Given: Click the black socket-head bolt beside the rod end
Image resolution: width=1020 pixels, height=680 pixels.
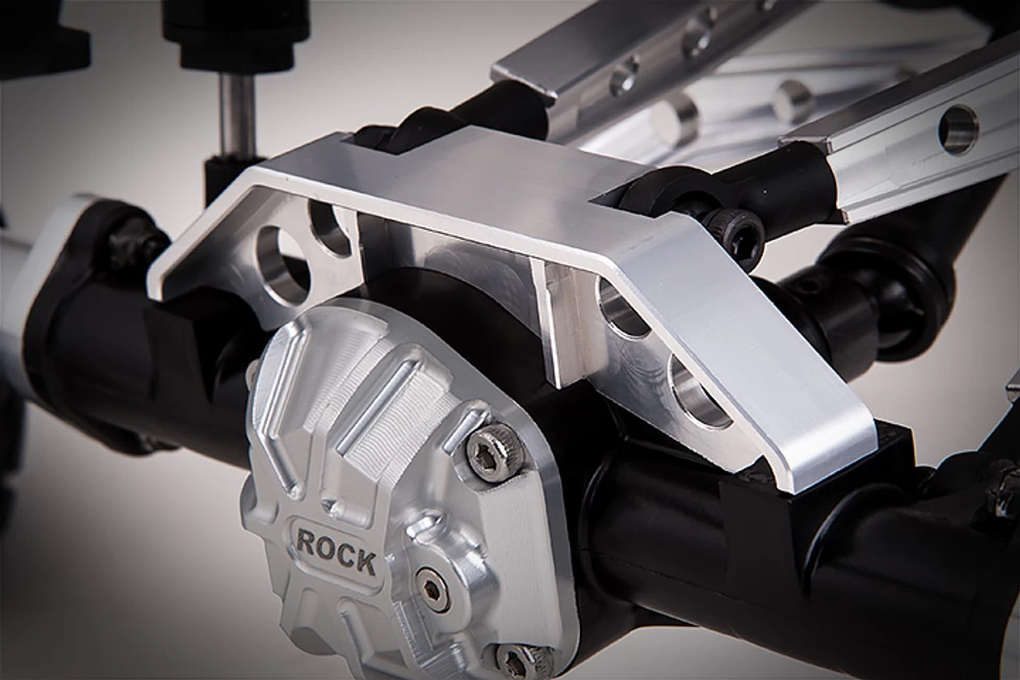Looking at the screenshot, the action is [741, 234].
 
